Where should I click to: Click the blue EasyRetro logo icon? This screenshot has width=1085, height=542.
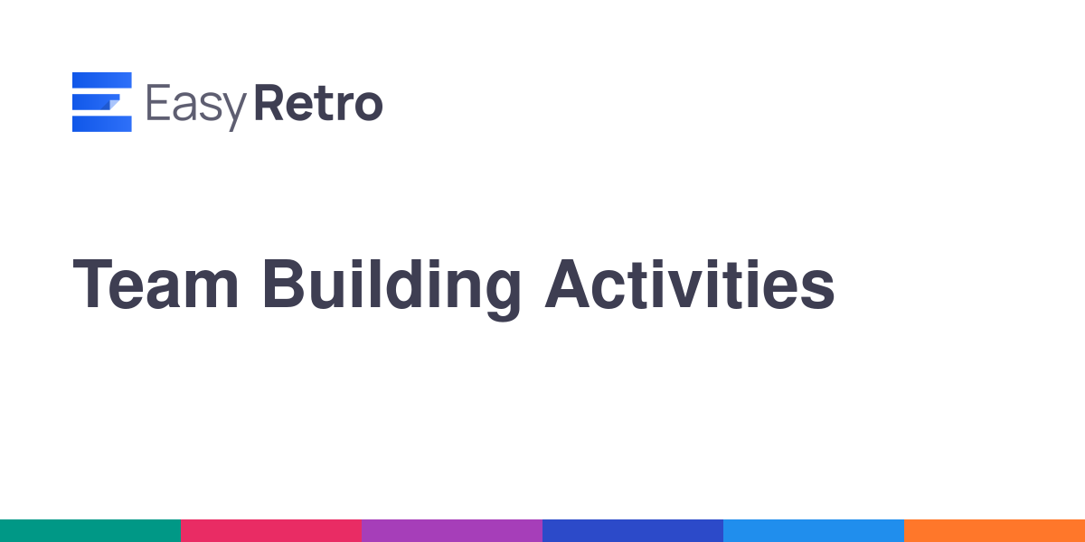coord(101,101)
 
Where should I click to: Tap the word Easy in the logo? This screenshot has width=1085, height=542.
coord(197,107)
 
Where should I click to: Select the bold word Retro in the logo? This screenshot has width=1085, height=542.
coord(318,103)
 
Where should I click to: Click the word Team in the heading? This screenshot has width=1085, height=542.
coord(156,284)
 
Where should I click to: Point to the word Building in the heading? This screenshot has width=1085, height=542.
coord(392,288)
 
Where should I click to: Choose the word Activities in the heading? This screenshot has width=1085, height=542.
coord(690,284)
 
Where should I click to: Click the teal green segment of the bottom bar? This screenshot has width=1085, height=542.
coord(90,531)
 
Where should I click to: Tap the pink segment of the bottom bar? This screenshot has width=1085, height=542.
coord(271,531)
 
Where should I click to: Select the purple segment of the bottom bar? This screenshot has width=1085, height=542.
coord(452,531)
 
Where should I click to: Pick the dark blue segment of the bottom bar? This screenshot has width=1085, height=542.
coord(633,531)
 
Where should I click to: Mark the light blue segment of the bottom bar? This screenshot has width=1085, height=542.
coord(814,531)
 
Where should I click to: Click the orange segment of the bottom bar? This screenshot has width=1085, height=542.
coord(995,531)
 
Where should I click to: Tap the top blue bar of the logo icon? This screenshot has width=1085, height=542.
coord(101,80)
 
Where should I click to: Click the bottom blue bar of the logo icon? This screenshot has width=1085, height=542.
coord(101,124)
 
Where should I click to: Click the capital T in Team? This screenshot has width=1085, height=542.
coord(92,284)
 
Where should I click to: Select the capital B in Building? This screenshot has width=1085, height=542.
coord(283,284)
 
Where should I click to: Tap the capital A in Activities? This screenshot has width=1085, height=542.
coord(567,284)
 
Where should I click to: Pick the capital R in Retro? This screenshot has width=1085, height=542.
coord(269,103)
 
